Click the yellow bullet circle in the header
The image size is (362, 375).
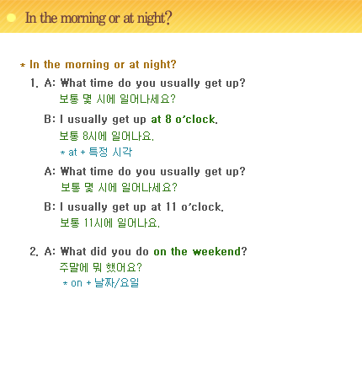point(11,18)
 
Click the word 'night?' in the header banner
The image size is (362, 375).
point(154,19)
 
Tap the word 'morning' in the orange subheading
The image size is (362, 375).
point(88,65)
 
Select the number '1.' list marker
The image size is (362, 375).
point(35,83)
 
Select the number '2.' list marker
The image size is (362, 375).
point(35,252)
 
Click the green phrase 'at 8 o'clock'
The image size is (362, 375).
point(184,120)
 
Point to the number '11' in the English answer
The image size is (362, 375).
point(171,207)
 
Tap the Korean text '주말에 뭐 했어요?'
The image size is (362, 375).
point(101,267)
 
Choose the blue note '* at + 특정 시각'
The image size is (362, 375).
point(96,152)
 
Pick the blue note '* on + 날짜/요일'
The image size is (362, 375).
point(101,282)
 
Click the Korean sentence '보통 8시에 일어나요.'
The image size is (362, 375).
point(107,137)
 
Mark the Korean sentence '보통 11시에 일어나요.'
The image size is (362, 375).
point(109,223)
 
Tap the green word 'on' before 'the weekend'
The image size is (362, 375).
point(160,252)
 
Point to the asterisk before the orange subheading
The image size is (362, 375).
point(23,66)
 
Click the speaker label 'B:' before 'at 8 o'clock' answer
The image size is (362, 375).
point(50,120)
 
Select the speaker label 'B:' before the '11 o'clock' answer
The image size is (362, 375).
point(50,207)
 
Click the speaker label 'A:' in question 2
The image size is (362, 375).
point(50,252)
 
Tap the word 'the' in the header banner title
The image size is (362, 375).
point(49,18)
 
